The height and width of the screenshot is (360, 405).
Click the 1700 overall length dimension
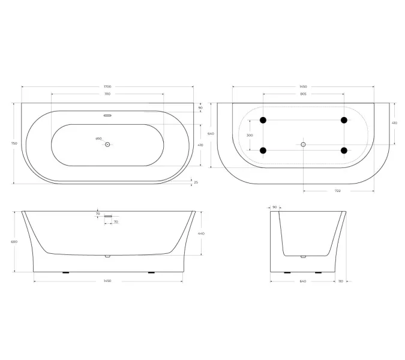point(107,87)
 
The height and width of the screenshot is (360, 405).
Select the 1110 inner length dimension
point(107,94)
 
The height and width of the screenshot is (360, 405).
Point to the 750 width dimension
point(14,143)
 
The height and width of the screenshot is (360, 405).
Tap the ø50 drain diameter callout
point(99,139)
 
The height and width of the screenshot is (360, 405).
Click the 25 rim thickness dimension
point(196,183)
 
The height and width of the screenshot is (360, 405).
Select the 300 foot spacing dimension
point(250,136)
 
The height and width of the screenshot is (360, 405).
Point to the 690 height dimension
point(14,241)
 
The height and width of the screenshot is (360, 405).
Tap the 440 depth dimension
point(202,233)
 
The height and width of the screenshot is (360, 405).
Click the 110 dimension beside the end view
point(341,281)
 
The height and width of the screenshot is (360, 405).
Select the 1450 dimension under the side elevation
point(107,281)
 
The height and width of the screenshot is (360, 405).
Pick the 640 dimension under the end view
point(303,281)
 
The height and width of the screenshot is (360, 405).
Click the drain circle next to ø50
point(108,145)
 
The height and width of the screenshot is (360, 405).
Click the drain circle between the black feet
point(304,145)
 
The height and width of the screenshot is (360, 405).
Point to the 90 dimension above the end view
point(274,207)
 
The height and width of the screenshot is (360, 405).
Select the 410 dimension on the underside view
point(394,123)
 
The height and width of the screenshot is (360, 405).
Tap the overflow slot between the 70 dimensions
point(108,215)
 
